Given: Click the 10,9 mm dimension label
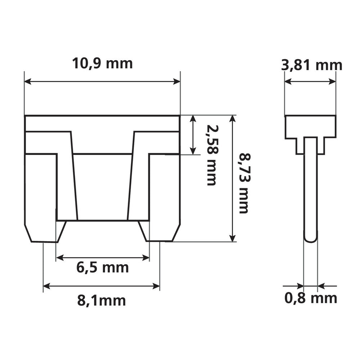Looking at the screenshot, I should coord(103,63).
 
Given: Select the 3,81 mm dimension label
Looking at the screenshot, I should coord(311,65).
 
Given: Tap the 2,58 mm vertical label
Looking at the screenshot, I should coord(211,155).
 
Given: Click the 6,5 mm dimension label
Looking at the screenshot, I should coord(103,267).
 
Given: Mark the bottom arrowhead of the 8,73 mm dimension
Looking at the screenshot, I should coord(233,238).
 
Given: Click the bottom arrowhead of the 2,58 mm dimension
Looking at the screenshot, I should coord(194,151).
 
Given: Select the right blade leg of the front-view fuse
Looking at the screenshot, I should coord(164,198).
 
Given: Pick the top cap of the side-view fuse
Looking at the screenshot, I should coord(310,126).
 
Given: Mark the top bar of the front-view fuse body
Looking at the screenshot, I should coord(102,123).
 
